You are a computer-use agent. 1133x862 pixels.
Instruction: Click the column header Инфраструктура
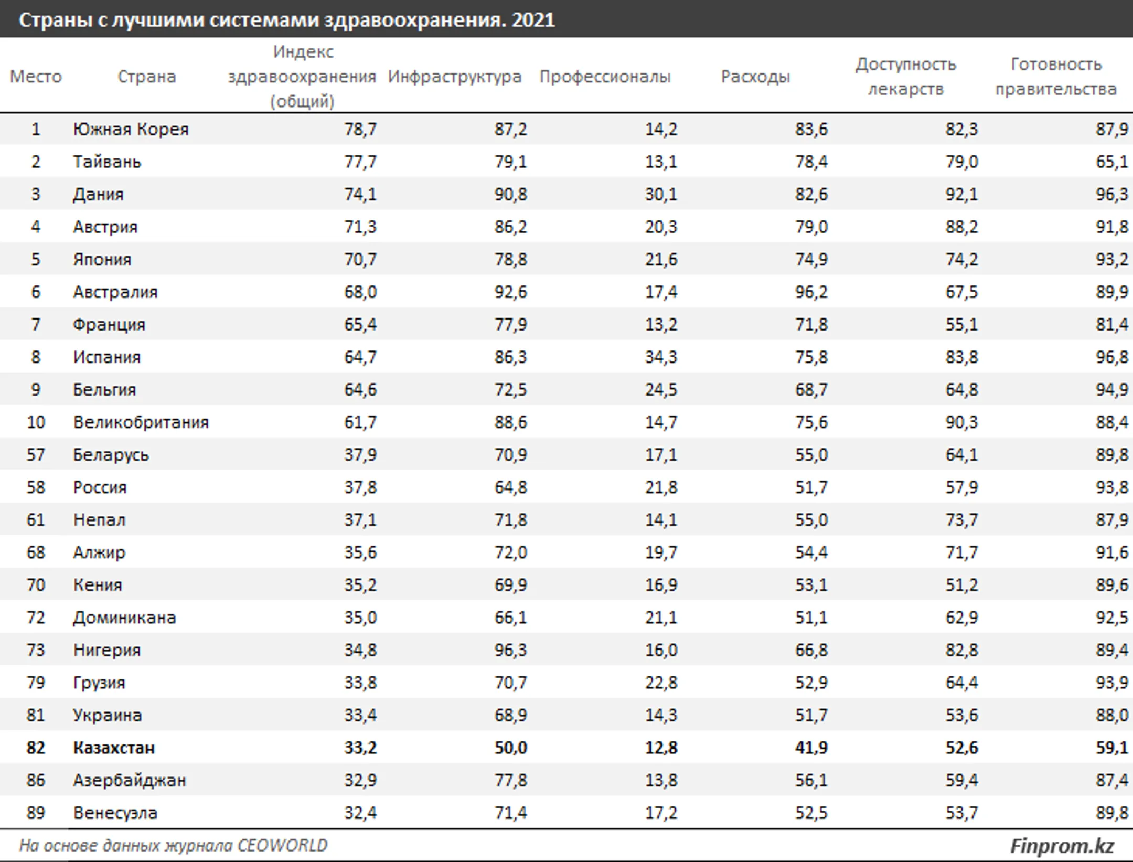click(x=455, y=77)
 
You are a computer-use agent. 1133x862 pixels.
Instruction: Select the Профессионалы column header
click(x=605, y=77)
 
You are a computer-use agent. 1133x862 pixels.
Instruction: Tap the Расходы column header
click(x=755, y=77)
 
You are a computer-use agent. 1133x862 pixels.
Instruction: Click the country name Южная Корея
click(x=131, y=129)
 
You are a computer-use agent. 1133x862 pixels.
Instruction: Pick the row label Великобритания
click(x=141, y=422)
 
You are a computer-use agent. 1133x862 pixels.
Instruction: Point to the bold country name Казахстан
click(x=114, y=747)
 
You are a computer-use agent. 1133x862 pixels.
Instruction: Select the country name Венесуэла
click(x=115, y=813)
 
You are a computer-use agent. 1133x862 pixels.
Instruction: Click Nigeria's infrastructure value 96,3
click(x=510, y=650)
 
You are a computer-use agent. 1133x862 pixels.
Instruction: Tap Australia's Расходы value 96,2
click(x=811, y=292)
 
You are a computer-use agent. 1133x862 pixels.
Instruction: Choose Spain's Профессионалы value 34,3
click(x=661, y=357)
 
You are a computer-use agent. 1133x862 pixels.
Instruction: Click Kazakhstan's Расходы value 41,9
click(x=811, y=747)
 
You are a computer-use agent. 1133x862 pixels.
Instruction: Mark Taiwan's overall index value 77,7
click(x=360, y=162)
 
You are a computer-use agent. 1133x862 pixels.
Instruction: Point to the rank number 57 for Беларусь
click(x=36, y=454)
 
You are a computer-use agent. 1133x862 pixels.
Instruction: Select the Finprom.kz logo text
click(x=1062, y=846)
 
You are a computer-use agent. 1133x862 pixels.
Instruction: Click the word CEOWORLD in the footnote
click(x=282, y=846)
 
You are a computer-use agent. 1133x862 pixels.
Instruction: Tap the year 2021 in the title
click(x=533, y=20)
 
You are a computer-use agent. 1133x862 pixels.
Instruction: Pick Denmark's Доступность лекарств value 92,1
click(x=961, y=194)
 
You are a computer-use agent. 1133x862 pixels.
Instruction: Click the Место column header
click(x=36, y=77)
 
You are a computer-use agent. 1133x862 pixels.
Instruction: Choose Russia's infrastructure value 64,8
click(x=510, y=487)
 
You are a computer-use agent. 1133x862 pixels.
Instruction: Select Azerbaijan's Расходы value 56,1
click(x=811, y=780)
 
